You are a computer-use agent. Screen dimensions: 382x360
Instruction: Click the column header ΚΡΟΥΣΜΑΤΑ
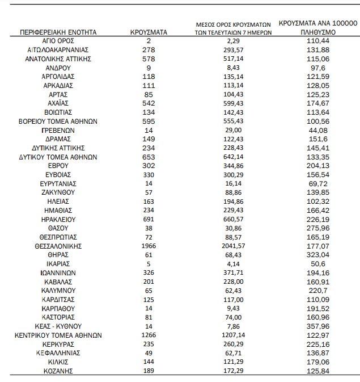coord(149,32)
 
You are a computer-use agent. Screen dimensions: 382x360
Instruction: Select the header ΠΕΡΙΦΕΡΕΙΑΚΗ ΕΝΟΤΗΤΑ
coord(59,32)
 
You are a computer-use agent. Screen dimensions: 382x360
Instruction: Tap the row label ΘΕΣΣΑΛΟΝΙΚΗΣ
coord(59,246)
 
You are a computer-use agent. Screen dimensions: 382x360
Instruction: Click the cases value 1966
coord(149,246)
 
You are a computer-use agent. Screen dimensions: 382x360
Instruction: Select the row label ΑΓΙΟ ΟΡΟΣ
coord(59,41)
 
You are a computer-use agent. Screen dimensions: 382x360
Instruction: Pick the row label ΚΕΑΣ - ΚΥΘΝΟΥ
coord(59,326)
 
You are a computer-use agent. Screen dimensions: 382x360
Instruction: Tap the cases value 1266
coord(149,335)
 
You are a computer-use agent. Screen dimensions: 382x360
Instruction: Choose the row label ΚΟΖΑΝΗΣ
coord(59,371)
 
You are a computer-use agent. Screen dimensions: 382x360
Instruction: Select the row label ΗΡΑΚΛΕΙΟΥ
coord(59,219)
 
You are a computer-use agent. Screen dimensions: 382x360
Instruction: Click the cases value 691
coord(149,219)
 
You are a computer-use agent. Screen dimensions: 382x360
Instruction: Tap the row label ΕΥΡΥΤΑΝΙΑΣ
coord(59,184)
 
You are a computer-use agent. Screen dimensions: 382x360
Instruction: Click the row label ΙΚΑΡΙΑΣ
coord(59,264)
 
